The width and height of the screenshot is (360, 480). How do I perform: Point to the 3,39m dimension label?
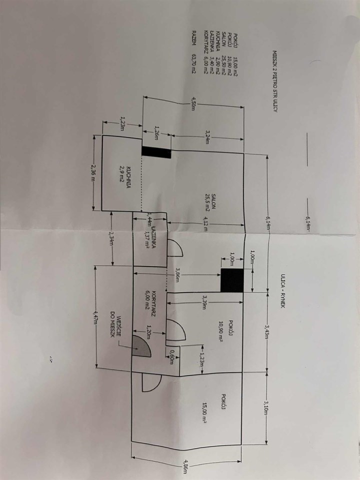204,303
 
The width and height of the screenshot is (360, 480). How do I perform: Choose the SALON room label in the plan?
213,200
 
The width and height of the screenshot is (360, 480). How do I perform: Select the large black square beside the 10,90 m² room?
232,280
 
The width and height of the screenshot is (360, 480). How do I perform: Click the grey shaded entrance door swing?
140,346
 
